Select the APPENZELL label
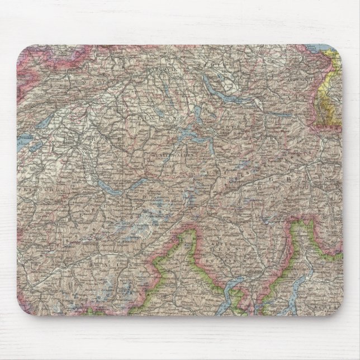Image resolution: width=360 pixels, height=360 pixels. (297, 80)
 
